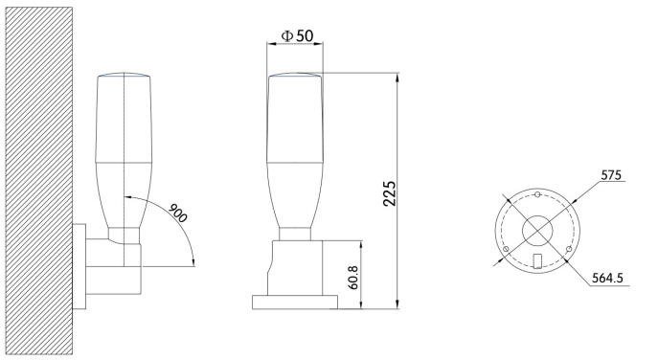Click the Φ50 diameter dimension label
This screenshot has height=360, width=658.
[x=297, y=35]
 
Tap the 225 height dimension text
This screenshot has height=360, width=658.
[x=390, y=193]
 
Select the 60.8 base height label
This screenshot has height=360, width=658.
[x=352, y=278]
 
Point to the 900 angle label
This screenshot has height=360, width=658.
[x=177, y=214]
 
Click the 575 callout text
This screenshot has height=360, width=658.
[x=611, y=174]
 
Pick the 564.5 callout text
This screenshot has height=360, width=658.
[x=607, y=278]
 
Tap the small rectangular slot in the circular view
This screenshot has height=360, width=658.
[x=536, y=261]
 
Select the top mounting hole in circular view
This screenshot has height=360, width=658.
[x=537, y=194]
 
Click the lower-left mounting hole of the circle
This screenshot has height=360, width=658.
[x=506, y=249]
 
